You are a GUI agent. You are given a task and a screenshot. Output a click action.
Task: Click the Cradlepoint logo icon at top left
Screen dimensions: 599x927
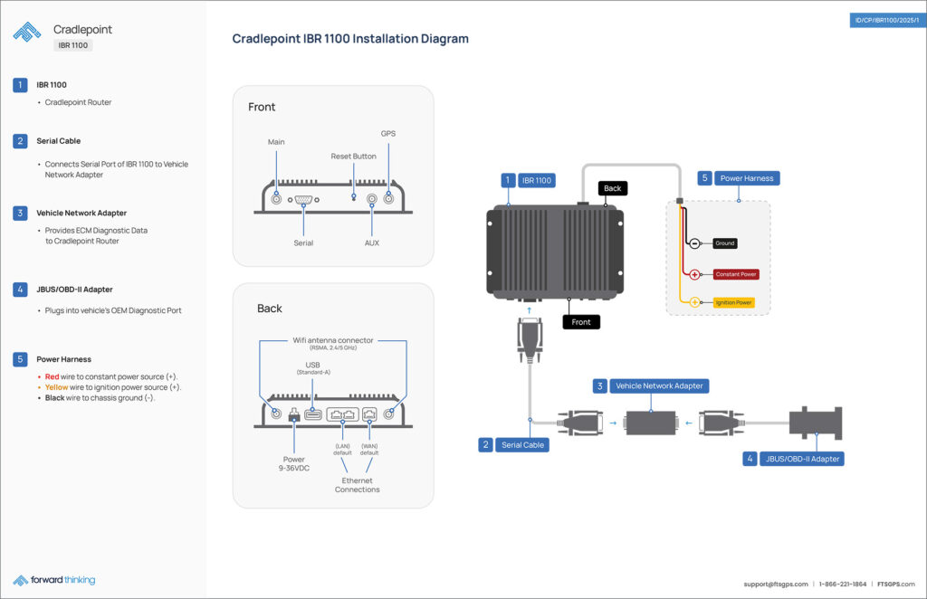click(27, 32)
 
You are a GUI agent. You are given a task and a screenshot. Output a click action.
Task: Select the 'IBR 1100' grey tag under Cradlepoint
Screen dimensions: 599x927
click(73, 45)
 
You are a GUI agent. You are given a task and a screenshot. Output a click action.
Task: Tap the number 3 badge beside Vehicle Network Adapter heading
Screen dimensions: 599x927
click(20, 214)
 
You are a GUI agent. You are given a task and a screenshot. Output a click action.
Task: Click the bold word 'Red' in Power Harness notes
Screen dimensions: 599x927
click(53, 376)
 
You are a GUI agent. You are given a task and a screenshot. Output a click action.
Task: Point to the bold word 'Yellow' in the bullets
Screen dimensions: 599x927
click(56, 387)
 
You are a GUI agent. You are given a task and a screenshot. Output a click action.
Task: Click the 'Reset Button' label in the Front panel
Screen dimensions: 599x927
click(353, 157)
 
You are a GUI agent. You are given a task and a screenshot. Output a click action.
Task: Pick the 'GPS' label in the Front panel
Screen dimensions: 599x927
click(387, 134)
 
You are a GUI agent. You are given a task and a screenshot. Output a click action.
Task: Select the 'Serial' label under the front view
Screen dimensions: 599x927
click(303, 243)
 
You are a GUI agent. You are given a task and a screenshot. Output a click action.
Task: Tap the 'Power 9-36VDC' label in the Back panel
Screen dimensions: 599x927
click(294, 463)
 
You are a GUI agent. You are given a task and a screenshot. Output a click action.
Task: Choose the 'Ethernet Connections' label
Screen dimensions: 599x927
click(357, 485)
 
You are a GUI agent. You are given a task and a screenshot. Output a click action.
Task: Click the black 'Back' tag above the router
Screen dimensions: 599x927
click(613, 188)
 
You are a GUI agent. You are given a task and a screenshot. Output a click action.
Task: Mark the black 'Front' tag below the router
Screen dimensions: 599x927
click(581, 322)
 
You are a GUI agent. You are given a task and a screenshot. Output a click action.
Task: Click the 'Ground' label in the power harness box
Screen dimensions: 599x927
click(724, 243)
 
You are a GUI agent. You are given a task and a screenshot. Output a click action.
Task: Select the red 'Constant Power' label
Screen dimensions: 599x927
click(735, 274)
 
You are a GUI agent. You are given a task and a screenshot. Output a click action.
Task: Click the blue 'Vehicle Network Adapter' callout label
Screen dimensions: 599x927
click(659, 386)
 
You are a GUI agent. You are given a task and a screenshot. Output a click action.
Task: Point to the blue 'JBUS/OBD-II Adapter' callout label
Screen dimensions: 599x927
click(803, 459)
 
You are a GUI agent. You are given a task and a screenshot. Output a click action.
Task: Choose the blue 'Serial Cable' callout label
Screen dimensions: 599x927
click(522, 445)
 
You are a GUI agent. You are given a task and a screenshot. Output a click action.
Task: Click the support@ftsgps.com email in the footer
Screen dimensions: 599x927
click(776, 585)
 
